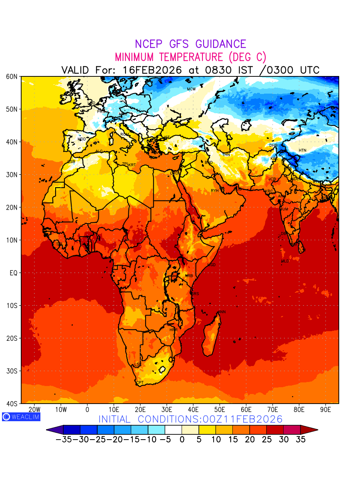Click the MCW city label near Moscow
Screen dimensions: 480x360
[191, 89]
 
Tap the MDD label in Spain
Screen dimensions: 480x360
[82, 139]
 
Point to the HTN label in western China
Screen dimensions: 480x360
[302, 150]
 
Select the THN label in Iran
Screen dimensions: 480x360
[226, 155]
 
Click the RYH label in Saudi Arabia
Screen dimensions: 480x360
[215, 191]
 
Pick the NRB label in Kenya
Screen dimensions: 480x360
[189, 276]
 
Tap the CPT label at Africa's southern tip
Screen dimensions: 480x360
[140, 383]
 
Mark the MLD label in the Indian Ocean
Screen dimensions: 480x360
[285, 261]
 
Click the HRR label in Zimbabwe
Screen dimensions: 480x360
[173, 330]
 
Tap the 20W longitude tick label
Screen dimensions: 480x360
[35, 410]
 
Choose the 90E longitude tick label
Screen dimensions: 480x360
[326, 410]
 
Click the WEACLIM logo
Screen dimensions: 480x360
[21, 416]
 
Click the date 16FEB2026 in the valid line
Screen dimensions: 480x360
[152, 70]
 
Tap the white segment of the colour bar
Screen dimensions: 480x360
[173, 430]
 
